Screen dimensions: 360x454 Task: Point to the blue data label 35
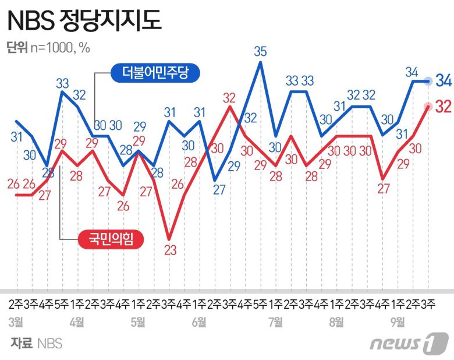tap(260, 51)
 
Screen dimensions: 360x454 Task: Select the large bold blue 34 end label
tap(444, 81)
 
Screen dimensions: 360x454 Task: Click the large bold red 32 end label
tap(444, 106)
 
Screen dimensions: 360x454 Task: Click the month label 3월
tap(16, 321)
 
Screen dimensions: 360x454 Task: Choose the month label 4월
tap(76, 321)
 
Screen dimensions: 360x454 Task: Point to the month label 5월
tap(138, 321)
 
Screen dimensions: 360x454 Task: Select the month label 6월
tap(198, 321)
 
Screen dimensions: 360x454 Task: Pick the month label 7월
tap(275, 321)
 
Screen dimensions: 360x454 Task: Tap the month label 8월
tap(336, 321)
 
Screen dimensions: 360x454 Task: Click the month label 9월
tap(398, 321)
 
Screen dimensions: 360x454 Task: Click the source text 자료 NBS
tap(36, 344)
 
